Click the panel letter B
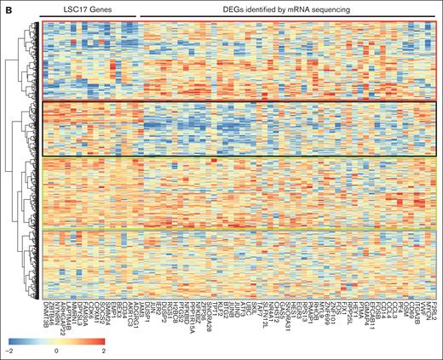(8, 8)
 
